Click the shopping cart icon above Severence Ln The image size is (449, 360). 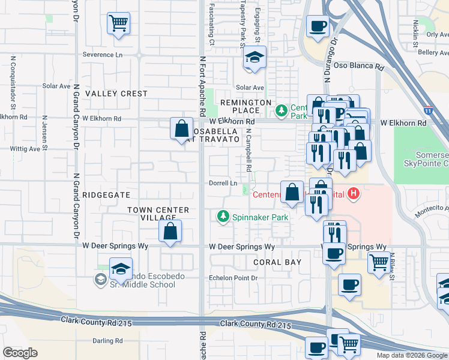(119, 24)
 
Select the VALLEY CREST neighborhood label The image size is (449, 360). (116, 94)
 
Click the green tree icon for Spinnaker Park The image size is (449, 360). (223, 216)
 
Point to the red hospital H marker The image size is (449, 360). (354, 193)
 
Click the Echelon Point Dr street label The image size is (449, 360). (233, 278)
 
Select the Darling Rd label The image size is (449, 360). (107, 341)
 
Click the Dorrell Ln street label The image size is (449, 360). (223, 183)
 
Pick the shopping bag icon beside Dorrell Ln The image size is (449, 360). (292, 193)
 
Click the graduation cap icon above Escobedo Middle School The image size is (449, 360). (121, 269)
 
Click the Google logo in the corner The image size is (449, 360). (20, 353)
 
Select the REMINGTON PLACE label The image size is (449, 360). (246, 107)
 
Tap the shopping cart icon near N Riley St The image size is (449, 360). (379, 262)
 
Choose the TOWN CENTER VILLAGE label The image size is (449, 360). (158, 214)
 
